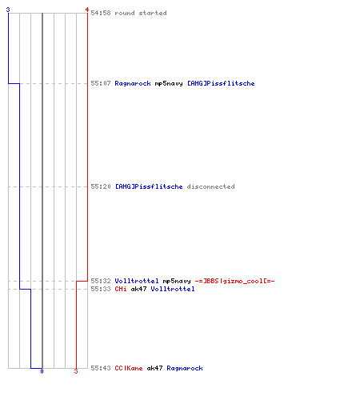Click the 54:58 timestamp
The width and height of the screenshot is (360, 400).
(101, 13)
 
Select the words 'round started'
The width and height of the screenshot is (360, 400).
(141, 13)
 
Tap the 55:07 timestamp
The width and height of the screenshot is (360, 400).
(101, 83)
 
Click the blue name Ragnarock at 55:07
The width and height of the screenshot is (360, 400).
(133, 83)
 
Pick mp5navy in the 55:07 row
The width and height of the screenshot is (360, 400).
(169, 83)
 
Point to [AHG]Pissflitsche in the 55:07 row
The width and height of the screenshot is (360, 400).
(221, 83)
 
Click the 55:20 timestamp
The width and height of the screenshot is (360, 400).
(101, 186)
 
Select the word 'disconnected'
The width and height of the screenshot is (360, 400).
(210, 186)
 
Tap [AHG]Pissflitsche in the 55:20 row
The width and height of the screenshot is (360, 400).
(149, 186)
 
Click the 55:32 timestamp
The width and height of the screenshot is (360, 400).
(101, 281)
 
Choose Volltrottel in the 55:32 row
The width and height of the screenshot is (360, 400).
(137, 281)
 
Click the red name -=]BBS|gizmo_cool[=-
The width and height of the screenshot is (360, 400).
(234, 281)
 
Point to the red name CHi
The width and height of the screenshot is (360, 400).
(121, 289)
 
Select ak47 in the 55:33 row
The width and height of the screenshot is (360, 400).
(138, 289)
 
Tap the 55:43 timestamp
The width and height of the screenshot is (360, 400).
(101, 368)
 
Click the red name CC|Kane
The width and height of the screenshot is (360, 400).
(129, 368)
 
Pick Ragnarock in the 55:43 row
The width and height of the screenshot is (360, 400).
(185, 368)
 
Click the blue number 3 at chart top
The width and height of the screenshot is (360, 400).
(8, 10)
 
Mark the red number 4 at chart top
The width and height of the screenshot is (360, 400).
(87, 10)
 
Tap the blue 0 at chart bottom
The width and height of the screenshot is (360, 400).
(42, 371)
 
